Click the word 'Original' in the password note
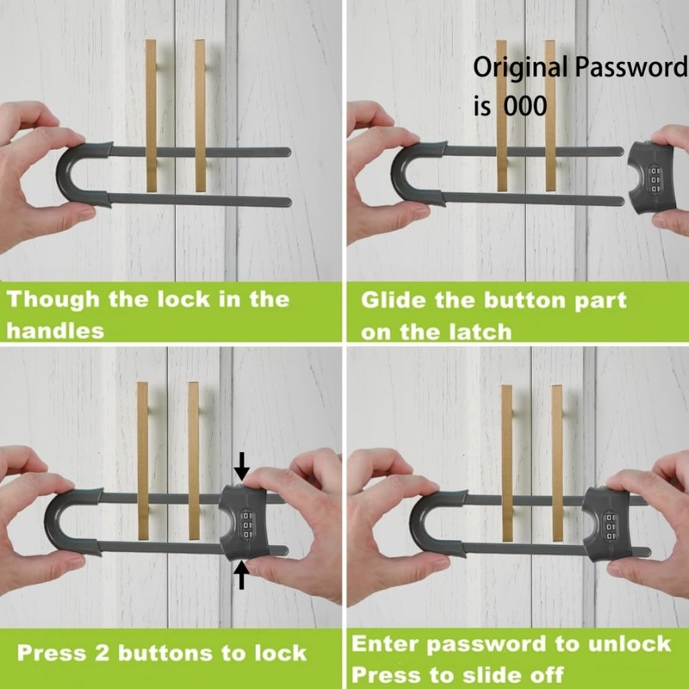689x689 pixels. pos(521,68)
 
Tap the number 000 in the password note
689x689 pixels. pos(521,106)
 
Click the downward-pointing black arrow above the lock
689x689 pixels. pos(242,467)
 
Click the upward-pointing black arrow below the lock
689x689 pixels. pos(242,574)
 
